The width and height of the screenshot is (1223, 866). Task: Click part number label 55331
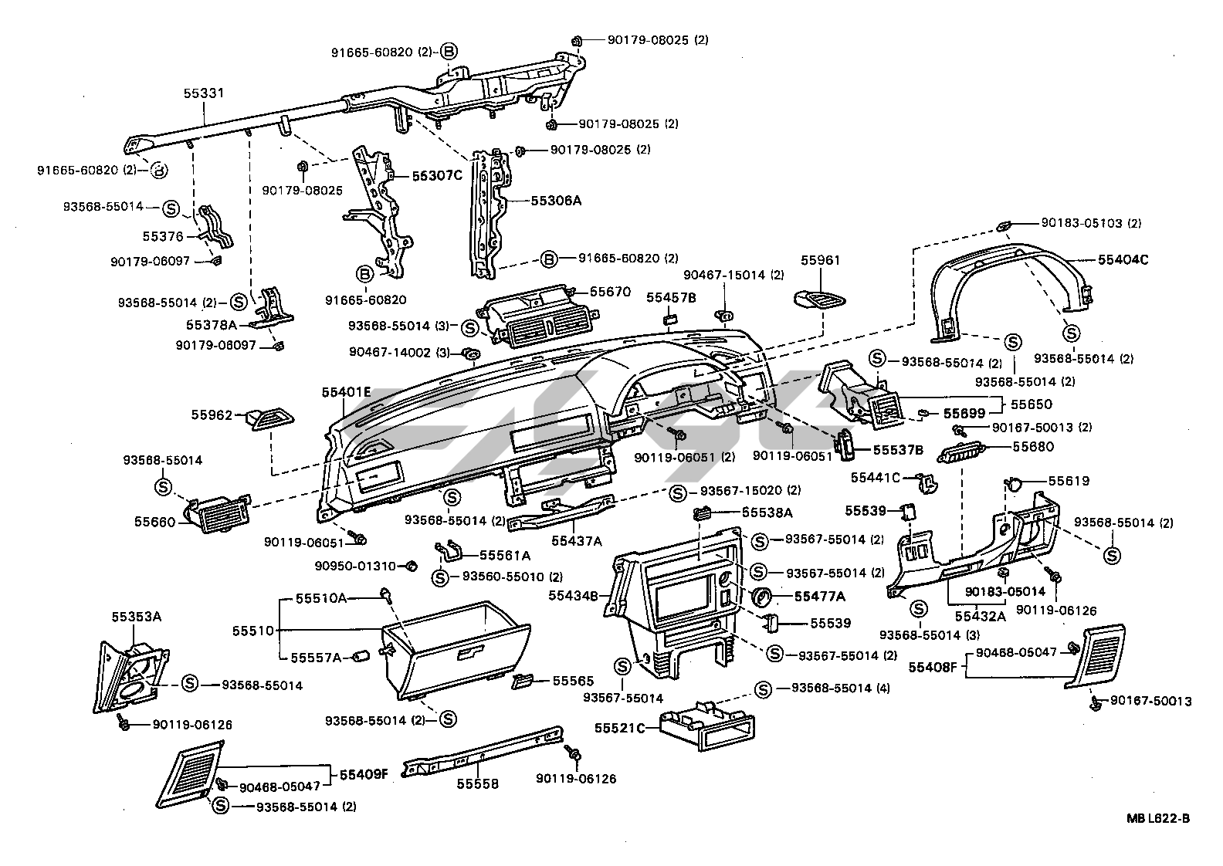point(204,93)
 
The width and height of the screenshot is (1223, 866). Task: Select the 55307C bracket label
point(436,175)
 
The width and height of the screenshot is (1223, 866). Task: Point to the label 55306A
point(555,201)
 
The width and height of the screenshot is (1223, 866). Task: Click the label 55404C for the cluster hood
point(1123,260)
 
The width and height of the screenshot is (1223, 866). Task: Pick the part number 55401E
point(347,392)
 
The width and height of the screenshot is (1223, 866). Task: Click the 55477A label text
point(819,596)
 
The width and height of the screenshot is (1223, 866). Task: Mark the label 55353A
point(136,617)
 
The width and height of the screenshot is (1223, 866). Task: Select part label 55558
point(477,784)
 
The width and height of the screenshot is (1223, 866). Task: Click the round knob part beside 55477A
point(761,597)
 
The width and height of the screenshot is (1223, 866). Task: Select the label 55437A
point(576,540)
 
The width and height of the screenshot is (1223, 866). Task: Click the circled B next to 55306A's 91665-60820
point(548,259)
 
